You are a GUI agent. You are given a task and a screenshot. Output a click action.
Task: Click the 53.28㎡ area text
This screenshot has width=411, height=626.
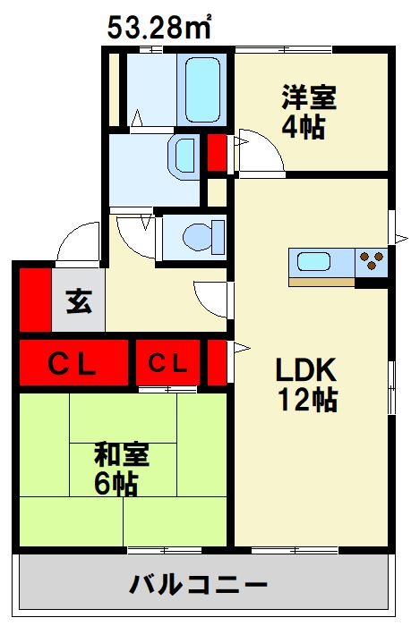[x=159, y=27]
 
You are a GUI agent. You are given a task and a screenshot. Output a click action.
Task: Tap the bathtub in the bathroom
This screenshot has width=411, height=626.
[x=203, y=89]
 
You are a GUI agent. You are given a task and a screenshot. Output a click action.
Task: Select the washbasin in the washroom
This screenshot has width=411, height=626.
[x=184, y=155]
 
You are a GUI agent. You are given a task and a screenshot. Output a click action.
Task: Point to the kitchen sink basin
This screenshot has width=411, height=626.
[x=313, y=263]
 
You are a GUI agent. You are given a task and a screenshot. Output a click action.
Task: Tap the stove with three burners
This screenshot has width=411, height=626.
[x=371, y=262]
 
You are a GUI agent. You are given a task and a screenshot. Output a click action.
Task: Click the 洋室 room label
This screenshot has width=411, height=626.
[x=310, y=97]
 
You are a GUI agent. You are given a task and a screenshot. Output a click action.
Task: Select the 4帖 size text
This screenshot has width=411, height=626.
[x=304, y=127]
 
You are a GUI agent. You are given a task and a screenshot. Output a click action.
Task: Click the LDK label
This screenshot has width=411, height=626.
[x=306, y=370]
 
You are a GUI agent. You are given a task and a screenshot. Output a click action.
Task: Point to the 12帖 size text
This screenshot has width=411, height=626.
[x=308, y=400]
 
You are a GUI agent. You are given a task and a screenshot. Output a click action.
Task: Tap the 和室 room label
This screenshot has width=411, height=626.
[x=122, y=454]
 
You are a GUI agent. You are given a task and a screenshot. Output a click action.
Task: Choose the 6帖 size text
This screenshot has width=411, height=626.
[x=116, y=484]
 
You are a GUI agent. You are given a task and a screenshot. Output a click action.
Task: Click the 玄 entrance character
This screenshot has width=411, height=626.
[x=79, y=301]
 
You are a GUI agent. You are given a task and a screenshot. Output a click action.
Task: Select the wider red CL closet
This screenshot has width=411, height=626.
[x=73, y=363]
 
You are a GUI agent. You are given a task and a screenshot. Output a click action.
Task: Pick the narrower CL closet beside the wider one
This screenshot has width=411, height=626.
[x=167, y=363]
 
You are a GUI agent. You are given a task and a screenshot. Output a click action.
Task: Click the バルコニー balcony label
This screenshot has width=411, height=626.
[x=198, y=585]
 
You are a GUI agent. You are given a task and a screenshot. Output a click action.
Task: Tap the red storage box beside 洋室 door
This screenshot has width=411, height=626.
[x=217, y=153]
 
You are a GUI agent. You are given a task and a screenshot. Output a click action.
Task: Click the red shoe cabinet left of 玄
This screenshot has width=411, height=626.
[x=35, y=300]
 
